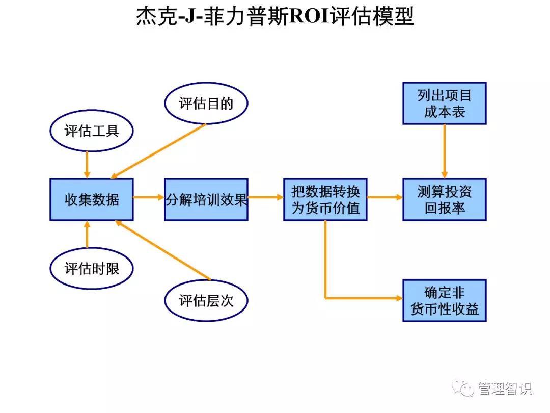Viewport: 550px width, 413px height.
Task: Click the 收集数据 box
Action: [x=92, y=199]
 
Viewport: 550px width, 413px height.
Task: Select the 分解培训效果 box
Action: [x=206, y=199]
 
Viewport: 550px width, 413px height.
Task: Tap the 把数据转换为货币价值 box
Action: [x=325, y=199]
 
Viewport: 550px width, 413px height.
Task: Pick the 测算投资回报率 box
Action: [x=445, y=199]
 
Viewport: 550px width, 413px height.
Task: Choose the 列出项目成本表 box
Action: [x=445, y=104]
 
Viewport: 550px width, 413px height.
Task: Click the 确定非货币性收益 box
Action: [x=445, y=300]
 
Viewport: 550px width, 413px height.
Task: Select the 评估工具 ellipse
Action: [x=92, y=131]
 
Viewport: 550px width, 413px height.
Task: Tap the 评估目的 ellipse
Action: [x=206, y=104]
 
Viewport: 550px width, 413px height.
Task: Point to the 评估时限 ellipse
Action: [x=92, y=268]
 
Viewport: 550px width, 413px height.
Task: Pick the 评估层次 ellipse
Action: [x=206, y=300]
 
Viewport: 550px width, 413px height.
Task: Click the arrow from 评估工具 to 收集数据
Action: [x=87, y=164]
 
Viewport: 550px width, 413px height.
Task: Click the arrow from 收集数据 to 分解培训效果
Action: [x=148, y=197]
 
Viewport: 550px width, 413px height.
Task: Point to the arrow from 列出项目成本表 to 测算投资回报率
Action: [x=445, y=151]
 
